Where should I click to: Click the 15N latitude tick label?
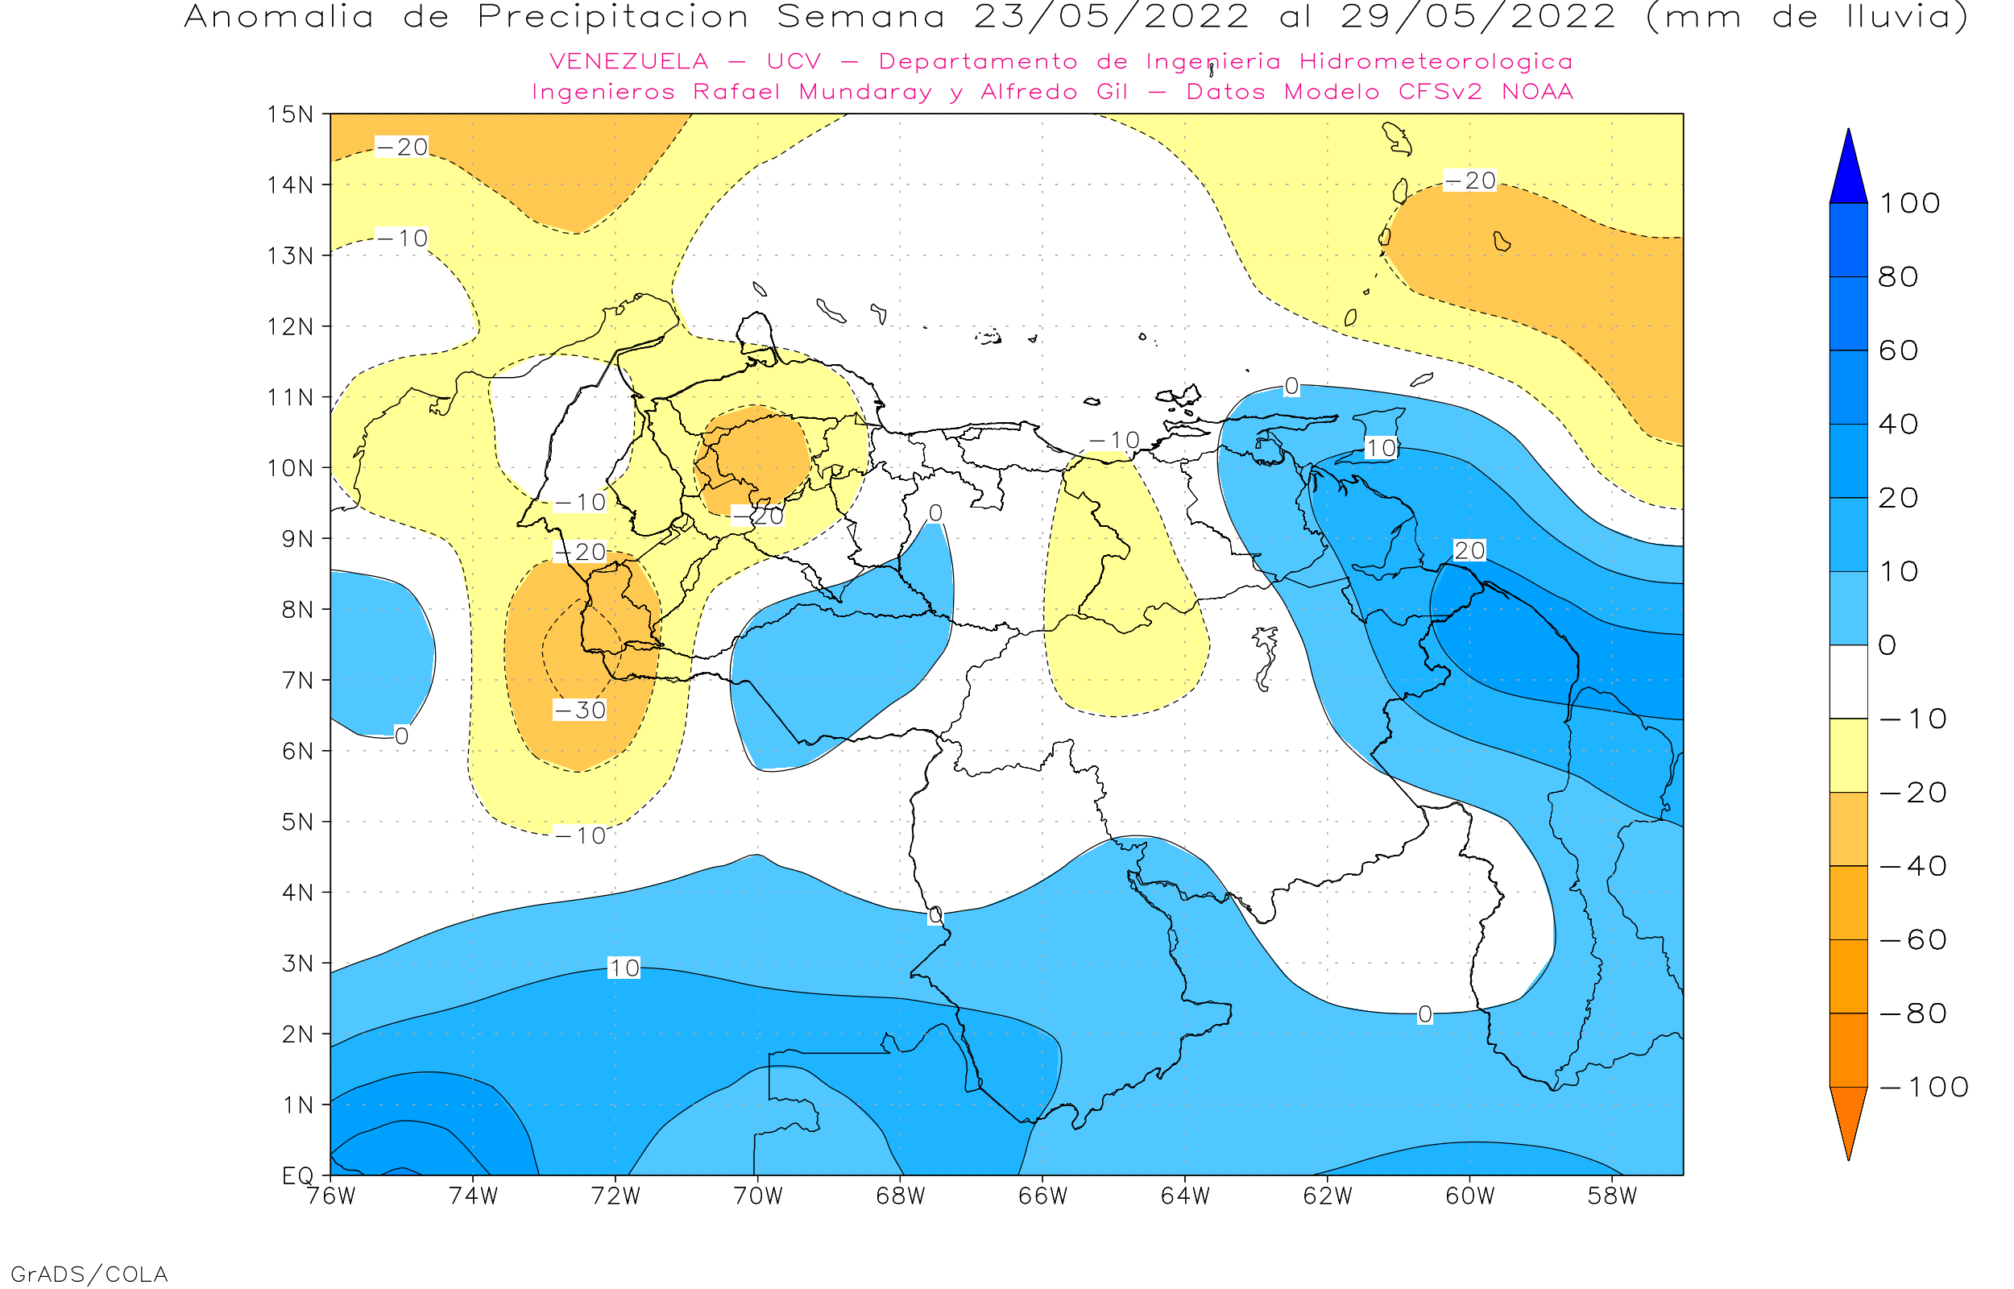pos(289,114)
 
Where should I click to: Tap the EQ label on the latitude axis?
pos(297,1175)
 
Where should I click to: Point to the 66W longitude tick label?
pos(1042,1196)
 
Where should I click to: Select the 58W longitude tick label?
pos(1611,1196)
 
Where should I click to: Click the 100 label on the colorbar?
pos(1909,203)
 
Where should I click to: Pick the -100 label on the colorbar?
pos(1924,1088)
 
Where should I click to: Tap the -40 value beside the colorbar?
pos(1912,866)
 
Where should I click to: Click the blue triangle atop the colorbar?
pos(1847,168)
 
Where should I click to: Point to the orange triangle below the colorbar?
pos(1847,1121)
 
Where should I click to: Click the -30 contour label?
pos(580,711)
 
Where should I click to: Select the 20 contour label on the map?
pos(1469,551)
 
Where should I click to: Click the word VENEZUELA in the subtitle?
pos(628,62)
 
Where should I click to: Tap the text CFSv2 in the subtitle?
pos(1439,92)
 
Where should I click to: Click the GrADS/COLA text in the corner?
pos(89,1274)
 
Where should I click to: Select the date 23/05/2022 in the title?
pos(1111,18)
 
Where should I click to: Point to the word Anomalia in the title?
pos(279,18)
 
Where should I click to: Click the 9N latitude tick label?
pos(297,538)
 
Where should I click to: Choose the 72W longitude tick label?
pos(615,1196)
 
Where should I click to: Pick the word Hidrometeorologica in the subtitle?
pos(1436,62)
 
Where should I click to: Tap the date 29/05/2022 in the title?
pos(1477,18)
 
